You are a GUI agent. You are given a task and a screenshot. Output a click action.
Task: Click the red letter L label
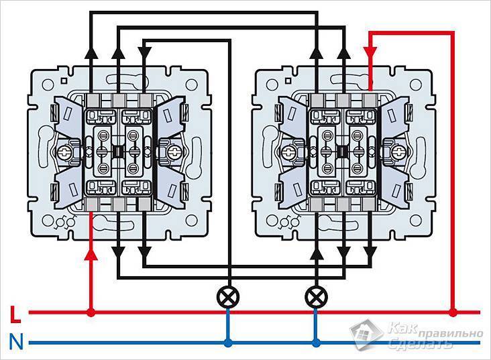[15, 314]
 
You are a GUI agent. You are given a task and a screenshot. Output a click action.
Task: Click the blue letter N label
[16, 342]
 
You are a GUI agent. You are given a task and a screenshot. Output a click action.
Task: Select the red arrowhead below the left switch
[91, 255]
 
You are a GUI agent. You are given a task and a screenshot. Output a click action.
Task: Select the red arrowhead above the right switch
[370, 52]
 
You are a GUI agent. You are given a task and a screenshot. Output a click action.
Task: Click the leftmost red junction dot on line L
[91, 312]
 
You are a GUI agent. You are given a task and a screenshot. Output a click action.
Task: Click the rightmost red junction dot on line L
[453, 312]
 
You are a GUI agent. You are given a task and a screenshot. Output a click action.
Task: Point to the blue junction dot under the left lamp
[228, 343]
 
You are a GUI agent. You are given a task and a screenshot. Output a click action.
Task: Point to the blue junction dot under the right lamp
[316, 343]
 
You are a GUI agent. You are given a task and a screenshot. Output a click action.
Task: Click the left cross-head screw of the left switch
[64, 153]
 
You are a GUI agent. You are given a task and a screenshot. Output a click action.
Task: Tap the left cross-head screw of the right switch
[288, 153]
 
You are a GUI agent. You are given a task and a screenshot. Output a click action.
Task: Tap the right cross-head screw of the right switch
[397, 153]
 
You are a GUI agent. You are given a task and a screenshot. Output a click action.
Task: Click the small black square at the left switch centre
[118, 152]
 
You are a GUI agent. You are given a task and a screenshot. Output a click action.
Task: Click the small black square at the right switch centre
[342, 152]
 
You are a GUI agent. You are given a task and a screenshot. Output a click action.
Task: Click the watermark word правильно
[450, 334]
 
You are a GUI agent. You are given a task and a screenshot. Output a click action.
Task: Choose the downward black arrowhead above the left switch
[145, 52]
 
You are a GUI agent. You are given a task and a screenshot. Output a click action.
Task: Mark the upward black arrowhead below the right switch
[317, 252]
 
